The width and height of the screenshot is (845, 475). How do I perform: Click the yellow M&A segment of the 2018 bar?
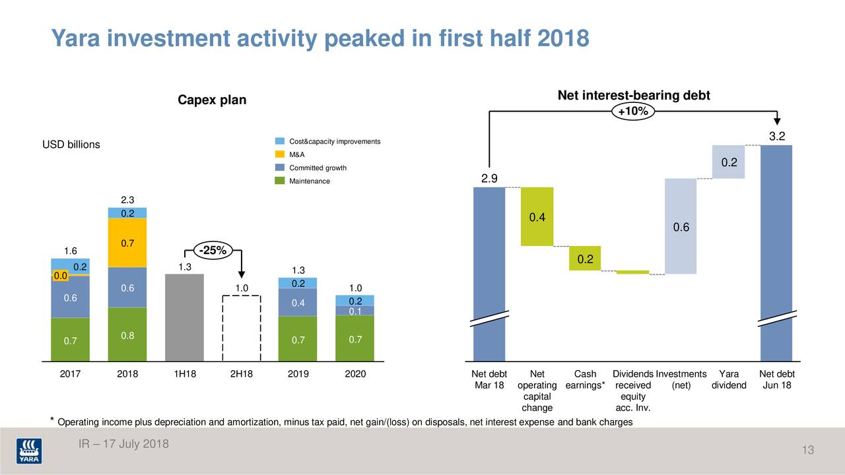coord(127,242)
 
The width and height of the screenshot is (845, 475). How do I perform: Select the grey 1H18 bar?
coord(185,317)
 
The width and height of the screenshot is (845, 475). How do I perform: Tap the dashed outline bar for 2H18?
coord(242,327)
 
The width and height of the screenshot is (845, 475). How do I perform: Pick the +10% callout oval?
coord(632,111)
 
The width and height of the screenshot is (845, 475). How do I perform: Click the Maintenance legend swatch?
coord(280,181)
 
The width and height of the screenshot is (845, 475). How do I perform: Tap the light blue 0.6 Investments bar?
coord(681,226)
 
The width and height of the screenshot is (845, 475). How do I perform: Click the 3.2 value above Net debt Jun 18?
coord(776,137)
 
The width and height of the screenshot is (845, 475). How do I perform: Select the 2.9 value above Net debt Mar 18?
coord(489,179)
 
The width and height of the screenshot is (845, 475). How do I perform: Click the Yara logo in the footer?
coord(30,451)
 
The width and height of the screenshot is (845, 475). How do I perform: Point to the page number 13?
coord(807,451)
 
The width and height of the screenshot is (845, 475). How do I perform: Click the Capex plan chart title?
coord(212,100)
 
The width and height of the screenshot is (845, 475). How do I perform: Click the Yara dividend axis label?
coord(729,380)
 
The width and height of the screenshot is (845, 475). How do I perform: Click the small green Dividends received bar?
coord(632,272)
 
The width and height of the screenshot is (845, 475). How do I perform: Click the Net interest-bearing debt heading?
coord(633,96)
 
